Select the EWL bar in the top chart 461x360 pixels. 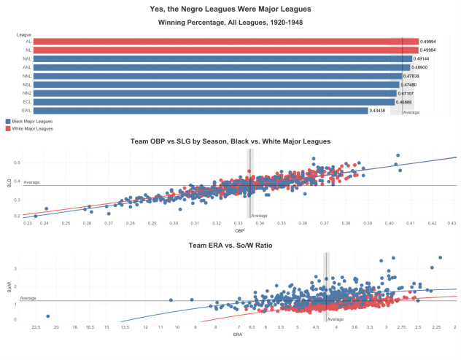coord(200,111)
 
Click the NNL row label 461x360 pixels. coord(27,77)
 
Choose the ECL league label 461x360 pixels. coord(27,102)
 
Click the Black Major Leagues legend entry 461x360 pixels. coord(29,121)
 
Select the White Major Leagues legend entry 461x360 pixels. coord(29,128)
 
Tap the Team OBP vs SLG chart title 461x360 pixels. coord(230,141)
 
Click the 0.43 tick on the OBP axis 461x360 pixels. coord(452,223)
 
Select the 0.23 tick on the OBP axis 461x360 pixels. coord(28,223)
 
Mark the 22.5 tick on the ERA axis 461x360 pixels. coord(34,328)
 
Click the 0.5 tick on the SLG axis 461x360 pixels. coord(18,163)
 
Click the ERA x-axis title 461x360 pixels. coord(239,334)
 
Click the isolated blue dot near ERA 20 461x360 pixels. coord(47,316)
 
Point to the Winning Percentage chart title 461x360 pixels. coord(230,23)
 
